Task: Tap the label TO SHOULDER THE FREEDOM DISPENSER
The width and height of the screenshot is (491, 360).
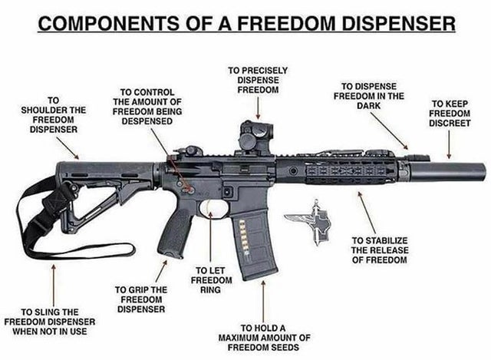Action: [54, 114]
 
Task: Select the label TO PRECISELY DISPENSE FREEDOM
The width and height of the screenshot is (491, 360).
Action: [253, 80]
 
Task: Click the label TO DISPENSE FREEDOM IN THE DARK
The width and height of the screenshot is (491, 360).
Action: [369, 96]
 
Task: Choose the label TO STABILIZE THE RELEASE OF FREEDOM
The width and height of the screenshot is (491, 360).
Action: [379, 250]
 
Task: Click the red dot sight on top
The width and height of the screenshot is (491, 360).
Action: [254, 138]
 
